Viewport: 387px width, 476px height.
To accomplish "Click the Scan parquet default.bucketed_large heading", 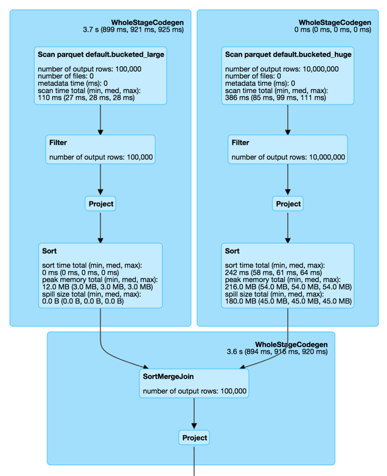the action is (x=101, y=55).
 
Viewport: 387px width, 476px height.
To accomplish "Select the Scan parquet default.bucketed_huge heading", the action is (x=288, y=55).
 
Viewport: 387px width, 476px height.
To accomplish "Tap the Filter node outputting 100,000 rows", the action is (x=100, y=150).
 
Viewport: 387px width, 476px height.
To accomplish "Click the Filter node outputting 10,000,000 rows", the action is (x=288, y=150).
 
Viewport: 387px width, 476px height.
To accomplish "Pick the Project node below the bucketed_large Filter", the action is (x=100, y=204).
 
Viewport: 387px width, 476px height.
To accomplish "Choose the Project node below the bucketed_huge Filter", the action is (x=288, y=204).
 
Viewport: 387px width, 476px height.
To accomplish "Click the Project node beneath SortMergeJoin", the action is (x=194, y=438).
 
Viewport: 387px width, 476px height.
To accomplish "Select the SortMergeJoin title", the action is (x=169, y=376).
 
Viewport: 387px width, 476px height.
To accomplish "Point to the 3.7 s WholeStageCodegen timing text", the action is (x=133, y=30).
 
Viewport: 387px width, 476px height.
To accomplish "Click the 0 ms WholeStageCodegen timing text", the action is (x=333, y=30).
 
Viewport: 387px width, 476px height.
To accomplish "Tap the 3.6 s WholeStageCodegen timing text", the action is (x=277, y=352).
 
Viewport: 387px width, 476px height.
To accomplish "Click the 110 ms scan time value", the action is (x=86, y=98).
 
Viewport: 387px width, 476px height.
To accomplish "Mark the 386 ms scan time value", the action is (x=276, y=98).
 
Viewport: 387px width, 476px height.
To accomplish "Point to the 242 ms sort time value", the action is (x=273, y=272).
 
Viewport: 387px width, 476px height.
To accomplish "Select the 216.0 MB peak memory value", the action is (x=288, y=287).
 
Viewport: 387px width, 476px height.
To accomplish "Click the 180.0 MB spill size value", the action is (x=288, y=301).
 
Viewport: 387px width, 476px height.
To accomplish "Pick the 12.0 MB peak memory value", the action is (x=97, y=287).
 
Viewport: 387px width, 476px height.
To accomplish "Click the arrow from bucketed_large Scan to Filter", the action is (x=100, y=120).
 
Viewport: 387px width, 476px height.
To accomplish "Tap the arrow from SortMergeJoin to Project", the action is (x=194, y=414).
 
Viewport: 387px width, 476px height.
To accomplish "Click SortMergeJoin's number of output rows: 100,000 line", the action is (x=195, y=391).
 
